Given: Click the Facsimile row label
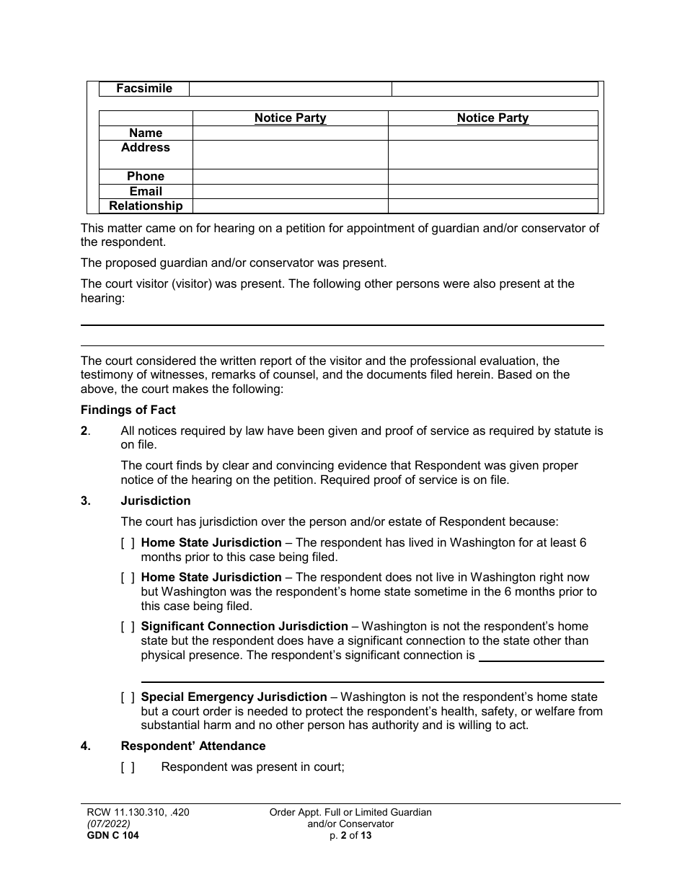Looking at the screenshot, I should [145, 89].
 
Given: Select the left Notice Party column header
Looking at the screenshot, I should [290, 118].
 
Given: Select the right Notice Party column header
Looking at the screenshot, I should [492, 118].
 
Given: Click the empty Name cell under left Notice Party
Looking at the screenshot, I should [290, 133].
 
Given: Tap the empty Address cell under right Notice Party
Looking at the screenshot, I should [492, 154].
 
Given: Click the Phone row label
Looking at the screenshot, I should [145, 177].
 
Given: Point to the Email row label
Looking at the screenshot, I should [145, 192].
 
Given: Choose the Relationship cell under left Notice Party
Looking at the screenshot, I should [290, 206].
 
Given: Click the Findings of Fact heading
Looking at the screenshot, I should [128, 410].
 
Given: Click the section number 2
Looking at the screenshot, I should [85, 431].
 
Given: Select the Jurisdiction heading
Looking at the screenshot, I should [155, 500].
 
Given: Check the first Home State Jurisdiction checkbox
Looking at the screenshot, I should [128, 543].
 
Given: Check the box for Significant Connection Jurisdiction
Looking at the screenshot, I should [128, 627].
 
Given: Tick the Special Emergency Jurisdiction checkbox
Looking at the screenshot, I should [128, 697].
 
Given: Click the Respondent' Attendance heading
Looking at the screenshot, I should [193, 746].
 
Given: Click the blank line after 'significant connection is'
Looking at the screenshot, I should [541, 656].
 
